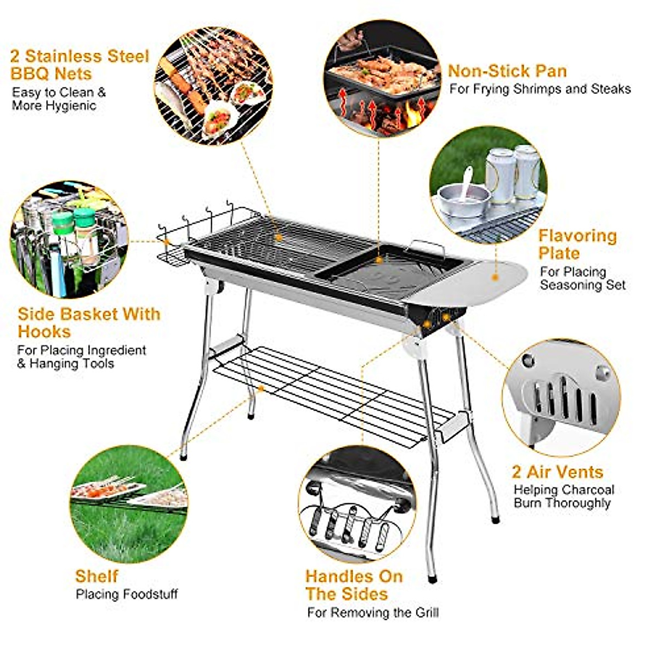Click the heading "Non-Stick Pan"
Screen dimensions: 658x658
[507, 71]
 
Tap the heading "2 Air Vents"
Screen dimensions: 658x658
[557, 472]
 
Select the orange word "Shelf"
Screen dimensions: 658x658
[97, 576]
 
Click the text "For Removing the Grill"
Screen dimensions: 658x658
[373, 612]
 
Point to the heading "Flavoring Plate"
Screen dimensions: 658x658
[577, 245]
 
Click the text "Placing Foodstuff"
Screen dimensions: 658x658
[127, 594]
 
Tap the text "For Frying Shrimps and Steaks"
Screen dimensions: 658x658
[540, 89]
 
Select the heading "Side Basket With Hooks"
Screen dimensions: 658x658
[89, 323]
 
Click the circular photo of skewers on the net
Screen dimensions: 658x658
[213, 86]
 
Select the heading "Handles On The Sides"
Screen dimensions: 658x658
[354, 585]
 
